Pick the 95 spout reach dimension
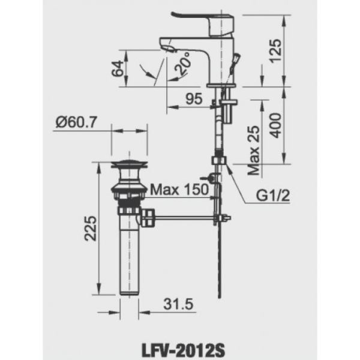point(194,100)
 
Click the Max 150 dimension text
point(178,190)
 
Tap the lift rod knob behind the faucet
point(237,58)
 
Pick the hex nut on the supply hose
point(218,160)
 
